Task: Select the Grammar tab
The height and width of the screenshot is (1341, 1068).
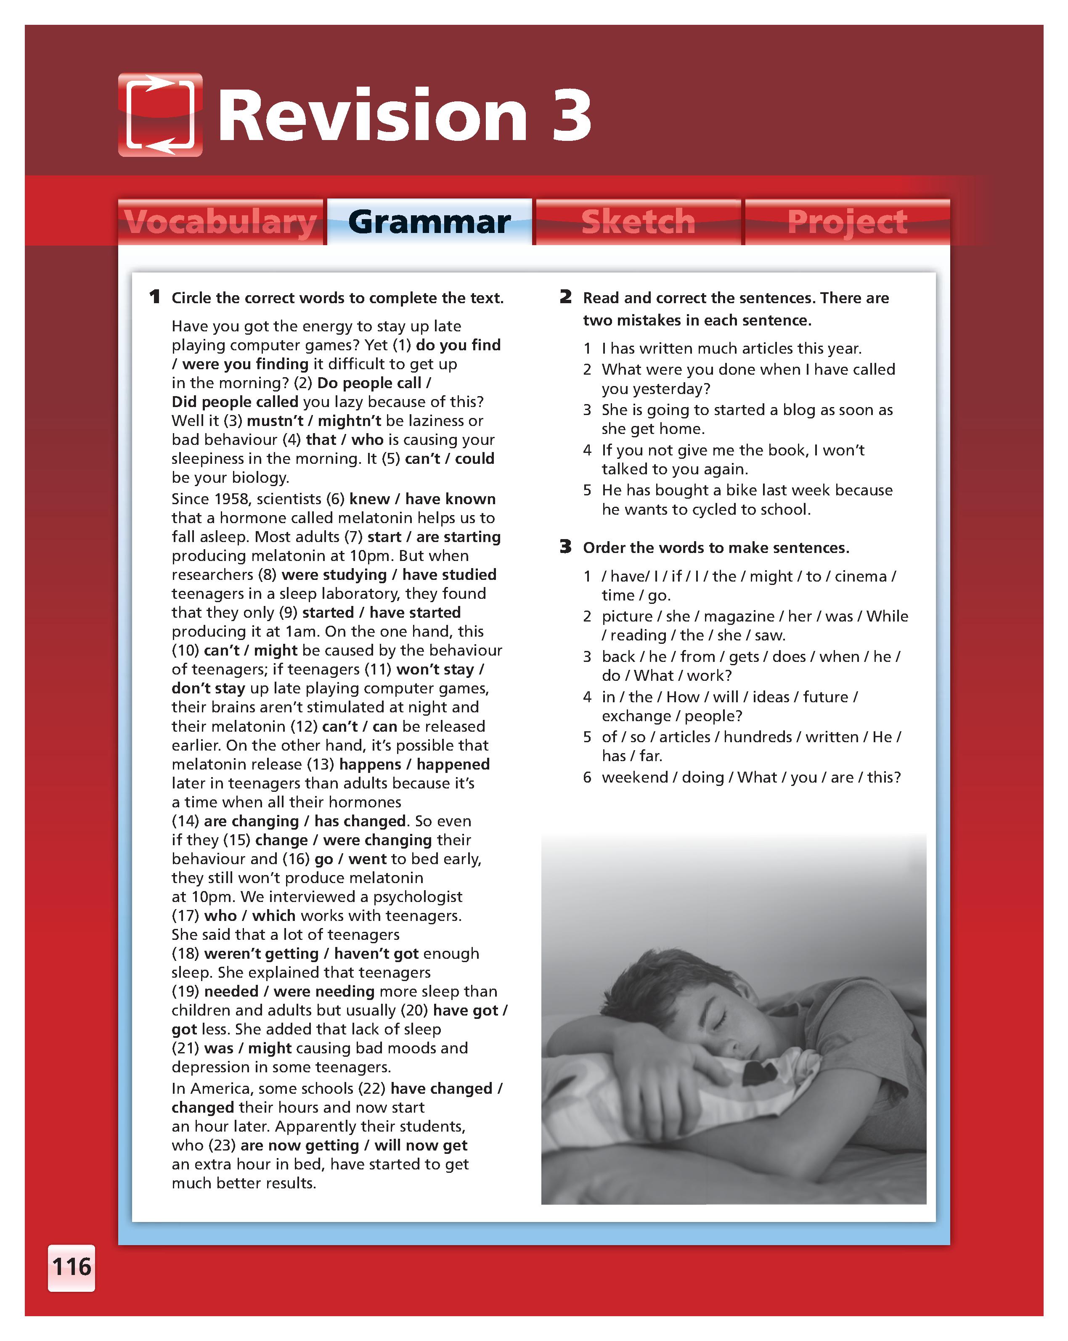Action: (429, 222)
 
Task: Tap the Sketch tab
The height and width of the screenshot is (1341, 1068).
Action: (638, 222)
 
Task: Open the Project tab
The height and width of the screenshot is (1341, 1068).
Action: (847, 222)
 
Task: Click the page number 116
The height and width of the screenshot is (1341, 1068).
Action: (72, 1267)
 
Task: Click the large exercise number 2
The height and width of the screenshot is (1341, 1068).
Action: (565, 297)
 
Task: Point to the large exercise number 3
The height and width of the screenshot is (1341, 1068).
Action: (565, 548)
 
